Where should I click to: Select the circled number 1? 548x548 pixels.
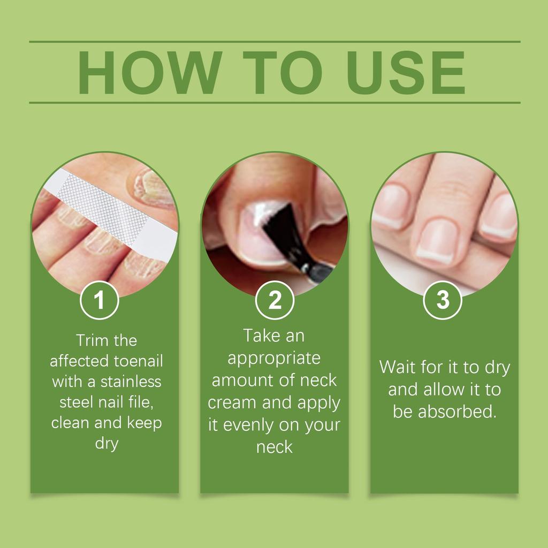coord(100,301)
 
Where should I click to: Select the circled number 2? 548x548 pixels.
coord(275,301)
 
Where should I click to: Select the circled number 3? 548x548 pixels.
coord(443,301)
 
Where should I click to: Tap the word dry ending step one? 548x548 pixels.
coord(106,444)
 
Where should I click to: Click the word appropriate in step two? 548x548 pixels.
coord(274,359)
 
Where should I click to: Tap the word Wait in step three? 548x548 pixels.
coord(397,368)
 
